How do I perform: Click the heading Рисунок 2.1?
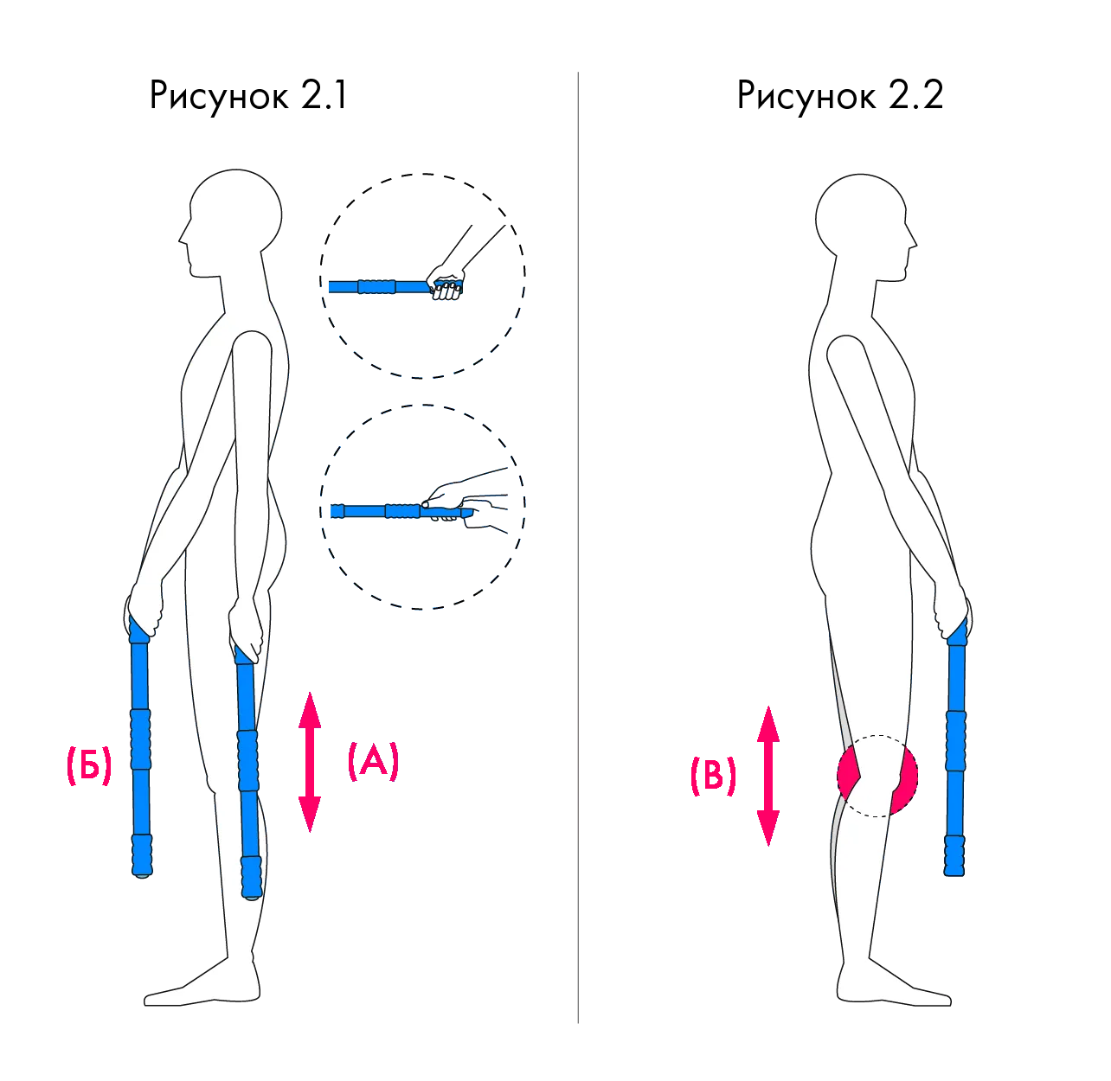pyautogui.click(x=248, y=96)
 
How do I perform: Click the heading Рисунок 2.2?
pyautogui.click(x=840, y=96)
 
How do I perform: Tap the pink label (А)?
pyautogui.click(x=373, y=761)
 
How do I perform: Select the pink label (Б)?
pyautogui.click(x=89, y=765)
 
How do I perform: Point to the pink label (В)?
pyautogui.click(x=713, y=776)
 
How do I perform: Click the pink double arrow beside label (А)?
pyautogui.click(x=310, y=762)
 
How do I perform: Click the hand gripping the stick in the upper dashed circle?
pyautogui.click(x=446, y=283)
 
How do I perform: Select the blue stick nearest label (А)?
pyautogui.click(x=247, y=771)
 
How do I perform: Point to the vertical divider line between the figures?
pyautogui.click(x=578, y=548)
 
